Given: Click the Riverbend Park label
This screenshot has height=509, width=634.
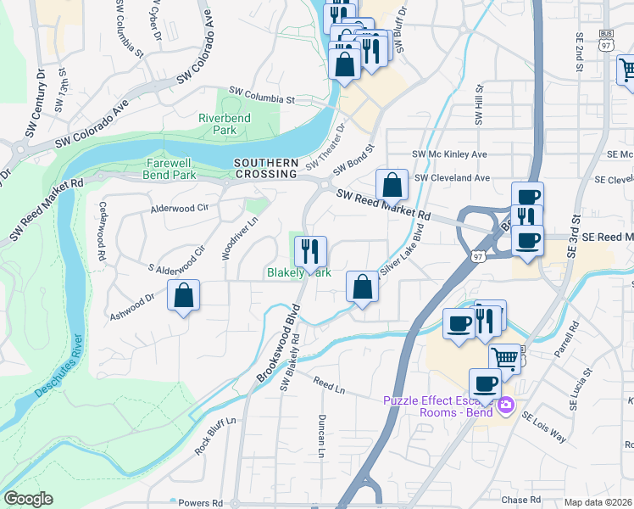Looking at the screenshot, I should pos(224,125).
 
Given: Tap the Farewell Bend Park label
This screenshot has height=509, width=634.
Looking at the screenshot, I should pos(170,169).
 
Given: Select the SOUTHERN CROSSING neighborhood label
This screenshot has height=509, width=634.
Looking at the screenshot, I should pos(266,168).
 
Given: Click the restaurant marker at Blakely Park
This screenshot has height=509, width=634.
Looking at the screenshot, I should pos(311,250).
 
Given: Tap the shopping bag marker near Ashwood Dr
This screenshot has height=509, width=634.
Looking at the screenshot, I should pos(183,295).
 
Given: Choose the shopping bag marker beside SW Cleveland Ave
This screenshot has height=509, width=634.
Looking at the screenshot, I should pos(392,183).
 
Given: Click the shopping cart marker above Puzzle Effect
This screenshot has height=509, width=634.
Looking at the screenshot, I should pos(505,358).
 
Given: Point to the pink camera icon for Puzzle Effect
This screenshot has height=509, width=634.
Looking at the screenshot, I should pos(506,406).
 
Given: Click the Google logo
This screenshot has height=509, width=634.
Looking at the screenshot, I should pos(28,499).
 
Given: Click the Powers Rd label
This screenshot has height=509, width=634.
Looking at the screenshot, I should pos(200,501).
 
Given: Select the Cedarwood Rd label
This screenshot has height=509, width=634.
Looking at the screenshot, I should pos(103,230).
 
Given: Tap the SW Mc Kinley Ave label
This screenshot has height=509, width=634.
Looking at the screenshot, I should pos(449,154).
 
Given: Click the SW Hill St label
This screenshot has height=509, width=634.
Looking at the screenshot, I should pos(479,105).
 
